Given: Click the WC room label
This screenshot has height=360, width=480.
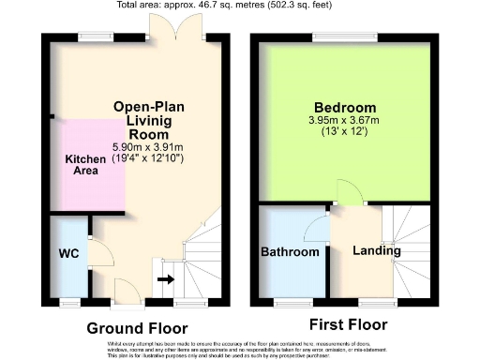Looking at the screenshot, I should (x=68, y=254).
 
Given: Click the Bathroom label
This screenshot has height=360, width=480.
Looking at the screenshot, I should (x=291, y=252).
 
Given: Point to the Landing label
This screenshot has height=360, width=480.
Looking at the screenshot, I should (x=377, y=250).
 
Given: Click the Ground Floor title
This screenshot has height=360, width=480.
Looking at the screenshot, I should (x=137, y=328).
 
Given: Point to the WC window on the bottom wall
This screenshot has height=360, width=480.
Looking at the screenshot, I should (x=69, y=302).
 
